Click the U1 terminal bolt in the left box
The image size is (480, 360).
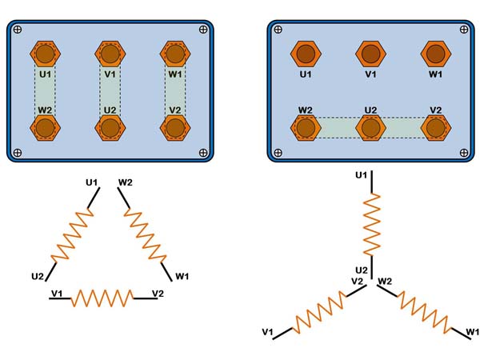[x=45, y=54]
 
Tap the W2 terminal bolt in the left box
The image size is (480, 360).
[x=45, y=127]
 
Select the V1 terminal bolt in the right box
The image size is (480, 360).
[x=370, y=54]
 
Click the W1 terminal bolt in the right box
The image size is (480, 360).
[x=435, y=54]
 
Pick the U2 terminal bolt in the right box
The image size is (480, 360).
[x=370, y=126]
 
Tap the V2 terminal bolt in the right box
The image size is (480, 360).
[x=435, y=126]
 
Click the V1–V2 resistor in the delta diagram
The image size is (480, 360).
[x=102, y=298]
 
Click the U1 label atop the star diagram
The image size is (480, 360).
[x=361, y=174]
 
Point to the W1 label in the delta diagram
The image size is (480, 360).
[x=183, y=277]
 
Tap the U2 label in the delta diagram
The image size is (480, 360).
[x=38, y=277]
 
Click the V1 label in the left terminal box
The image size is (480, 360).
[x=111, y=74]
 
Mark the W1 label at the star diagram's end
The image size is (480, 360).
[x=472, y=331]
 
